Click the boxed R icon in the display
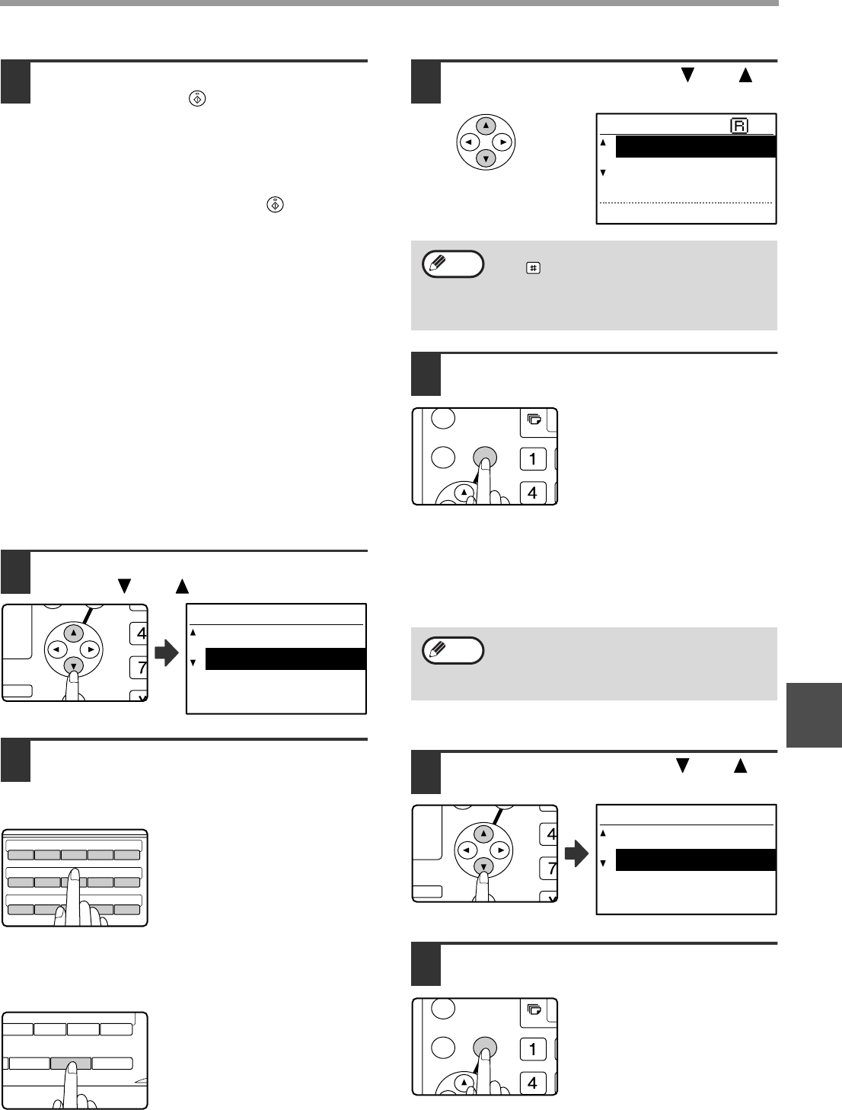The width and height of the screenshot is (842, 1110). (739, 126)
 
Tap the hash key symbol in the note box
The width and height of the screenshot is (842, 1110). (533, 268)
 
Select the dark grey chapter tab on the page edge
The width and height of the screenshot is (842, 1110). (814, 715)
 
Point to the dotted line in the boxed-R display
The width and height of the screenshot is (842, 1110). (686, 203)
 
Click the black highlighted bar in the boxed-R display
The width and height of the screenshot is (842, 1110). (695, 147)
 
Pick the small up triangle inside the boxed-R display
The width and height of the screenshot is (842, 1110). (603, 142)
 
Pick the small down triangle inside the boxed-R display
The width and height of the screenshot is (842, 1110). (603, 173)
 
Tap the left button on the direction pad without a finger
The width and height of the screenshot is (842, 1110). (469, 142)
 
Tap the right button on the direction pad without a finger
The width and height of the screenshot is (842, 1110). (502, 142)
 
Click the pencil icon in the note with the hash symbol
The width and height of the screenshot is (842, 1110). (437, 263)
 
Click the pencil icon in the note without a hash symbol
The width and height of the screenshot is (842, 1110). (437, 649)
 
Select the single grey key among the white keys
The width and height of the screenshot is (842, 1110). (71, 1063)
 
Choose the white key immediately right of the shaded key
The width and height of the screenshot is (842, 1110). (112, 1063)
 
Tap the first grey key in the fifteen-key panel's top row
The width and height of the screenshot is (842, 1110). (21, 855)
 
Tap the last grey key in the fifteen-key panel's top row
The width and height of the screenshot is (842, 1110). (127, 855)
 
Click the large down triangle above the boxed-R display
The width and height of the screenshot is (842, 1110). (687, 75)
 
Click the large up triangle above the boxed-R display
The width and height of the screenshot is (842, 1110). (745, 75)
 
